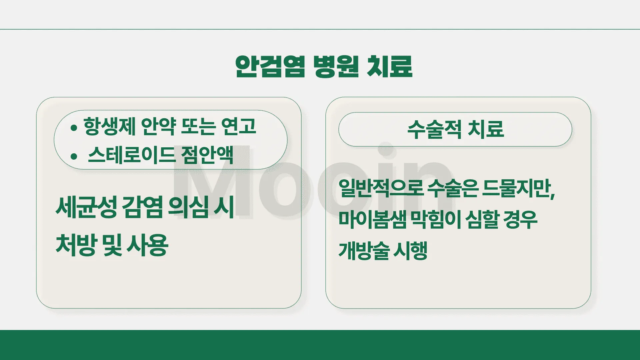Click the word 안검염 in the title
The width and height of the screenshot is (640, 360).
pyautogui.click(x=270, y=67)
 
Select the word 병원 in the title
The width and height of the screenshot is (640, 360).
pyautogui.click(x=336, y=67)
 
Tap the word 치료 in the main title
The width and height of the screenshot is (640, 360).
pyautogui.click(x=389, y=67)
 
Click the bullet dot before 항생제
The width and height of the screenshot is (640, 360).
pyautogui.click(x=74, y=128)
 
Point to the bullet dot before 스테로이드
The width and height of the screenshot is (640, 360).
pyautogui.click(x=74, y=156)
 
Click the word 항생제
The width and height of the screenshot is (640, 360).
pyautogui.click(x=109, y=127)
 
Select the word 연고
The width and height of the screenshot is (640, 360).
pyautogui.click(x=239, y=127)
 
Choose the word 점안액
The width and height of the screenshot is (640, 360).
pyautogui.click(x=207, y=155)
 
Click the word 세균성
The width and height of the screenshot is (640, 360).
pyautogui.click(x=86, y=207)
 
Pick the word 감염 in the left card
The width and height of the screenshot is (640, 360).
pyautogui.click(x=143, y=207)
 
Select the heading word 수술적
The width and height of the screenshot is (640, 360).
pyautogui.click(x=434, y=129)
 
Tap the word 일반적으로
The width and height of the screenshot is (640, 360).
pyautogui.click(x=381, y=188)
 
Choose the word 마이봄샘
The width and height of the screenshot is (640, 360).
pyautogui.click(x=372, y=220)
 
